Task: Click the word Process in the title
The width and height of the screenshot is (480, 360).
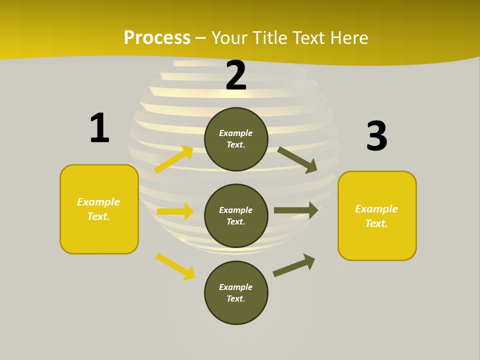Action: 157,38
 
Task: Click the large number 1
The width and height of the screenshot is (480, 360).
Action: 99,128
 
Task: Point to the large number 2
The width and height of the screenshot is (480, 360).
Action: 236,75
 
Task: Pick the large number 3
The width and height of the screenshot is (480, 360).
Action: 376,136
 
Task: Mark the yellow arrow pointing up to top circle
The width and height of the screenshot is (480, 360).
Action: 174,159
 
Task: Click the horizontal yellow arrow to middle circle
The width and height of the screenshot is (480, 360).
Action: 175,211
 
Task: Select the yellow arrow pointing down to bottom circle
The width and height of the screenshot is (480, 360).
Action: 175,266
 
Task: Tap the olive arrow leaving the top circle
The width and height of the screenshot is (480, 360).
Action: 297,159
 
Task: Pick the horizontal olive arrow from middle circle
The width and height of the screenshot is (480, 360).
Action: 295,210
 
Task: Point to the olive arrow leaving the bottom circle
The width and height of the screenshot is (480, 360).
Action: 294,265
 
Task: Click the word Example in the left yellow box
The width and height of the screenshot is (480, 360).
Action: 98,202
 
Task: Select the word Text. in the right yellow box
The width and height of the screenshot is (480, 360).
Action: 376,223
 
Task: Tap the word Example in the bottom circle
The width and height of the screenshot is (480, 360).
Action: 236,287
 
